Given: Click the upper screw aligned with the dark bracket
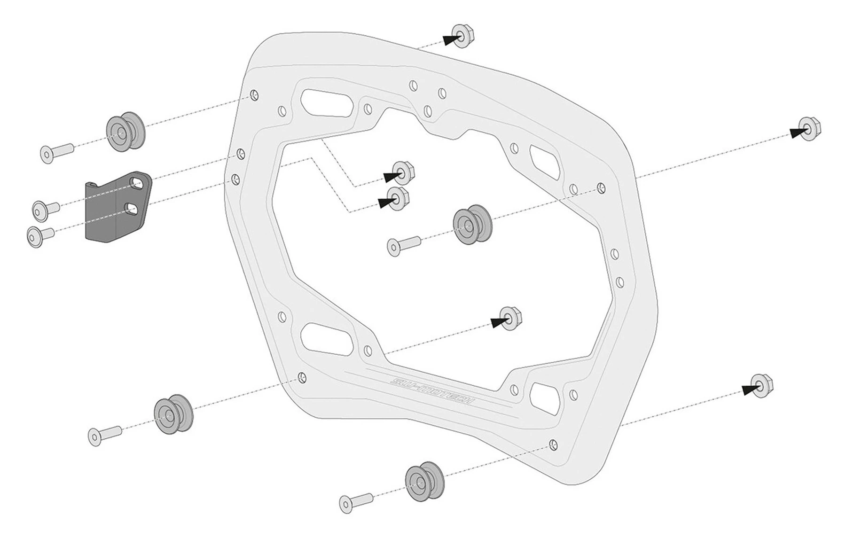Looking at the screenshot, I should point(45,208).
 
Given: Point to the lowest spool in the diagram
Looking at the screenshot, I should point(425,484).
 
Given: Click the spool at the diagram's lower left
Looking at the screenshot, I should point(173,413).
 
